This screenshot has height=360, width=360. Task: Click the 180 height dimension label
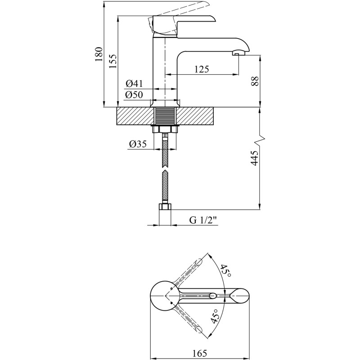pos(99,54)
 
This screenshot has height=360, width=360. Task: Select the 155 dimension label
pos(112,61)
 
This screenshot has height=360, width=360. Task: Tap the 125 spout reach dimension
pos(201,69)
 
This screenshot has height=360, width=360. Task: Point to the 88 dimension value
pos(255,81)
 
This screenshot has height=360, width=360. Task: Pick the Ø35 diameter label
pos(138,144)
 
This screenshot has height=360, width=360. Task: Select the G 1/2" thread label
pos(203,220)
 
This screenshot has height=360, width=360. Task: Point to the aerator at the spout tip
pos(236,54)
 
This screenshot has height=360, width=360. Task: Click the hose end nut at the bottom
pos(166,207)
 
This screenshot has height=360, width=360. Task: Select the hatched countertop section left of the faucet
pos(135,116)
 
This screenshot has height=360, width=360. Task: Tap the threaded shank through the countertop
pos(166,116)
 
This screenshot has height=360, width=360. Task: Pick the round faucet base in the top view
pos(161,295)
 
